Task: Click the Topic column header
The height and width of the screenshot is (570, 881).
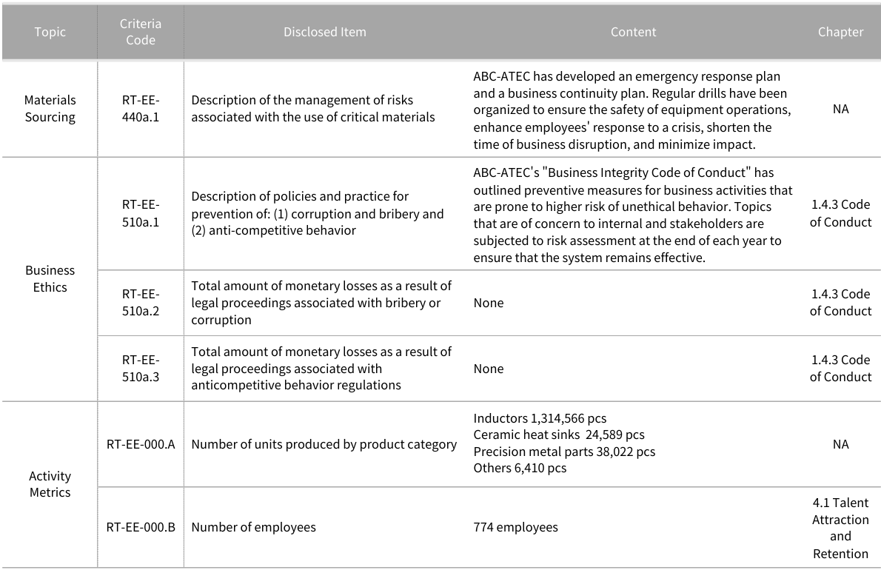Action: [x=50, y=32]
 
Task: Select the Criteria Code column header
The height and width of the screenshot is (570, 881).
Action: [x=140, y=32]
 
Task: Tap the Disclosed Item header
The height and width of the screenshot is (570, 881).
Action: [x=324, y=32]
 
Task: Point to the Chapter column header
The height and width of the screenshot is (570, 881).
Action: [x=840, y=32]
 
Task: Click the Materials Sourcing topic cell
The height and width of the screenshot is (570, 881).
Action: [x=50, y=108]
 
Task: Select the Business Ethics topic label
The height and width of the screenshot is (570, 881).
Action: [x=50, y=278]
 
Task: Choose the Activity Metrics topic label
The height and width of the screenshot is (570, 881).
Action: [x=50, y=484]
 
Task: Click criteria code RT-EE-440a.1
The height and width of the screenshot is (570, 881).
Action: [x=141, y=108]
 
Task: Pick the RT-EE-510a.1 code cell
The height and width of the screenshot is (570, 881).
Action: [x=141, y=213]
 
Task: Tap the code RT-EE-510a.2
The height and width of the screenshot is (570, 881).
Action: [x=141, y=303]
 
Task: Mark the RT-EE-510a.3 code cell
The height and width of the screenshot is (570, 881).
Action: [x=141, y=369]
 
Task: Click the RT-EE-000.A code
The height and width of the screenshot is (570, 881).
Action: [x=141, y=444]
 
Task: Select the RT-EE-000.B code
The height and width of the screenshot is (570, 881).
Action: [x=141, y=527]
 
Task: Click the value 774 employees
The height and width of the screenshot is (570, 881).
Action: [x=516, y=527]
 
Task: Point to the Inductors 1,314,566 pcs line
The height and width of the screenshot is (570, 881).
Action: [x=540, y=418]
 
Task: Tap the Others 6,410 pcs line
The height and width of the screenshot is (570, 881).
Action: [x=520, y=468]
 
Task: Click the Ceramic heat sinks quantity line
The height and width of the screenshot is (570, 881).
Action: [x=558, y=435]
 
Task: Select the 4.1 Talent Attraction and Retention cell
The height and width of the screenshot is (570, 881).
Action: [x=840, y=528]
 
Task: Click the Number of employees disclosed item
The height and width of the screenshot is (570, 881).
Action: [x=253, y=527]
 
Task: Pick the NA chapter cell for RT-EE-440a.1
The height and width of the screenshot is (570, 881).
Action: [x=840, y=108]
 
